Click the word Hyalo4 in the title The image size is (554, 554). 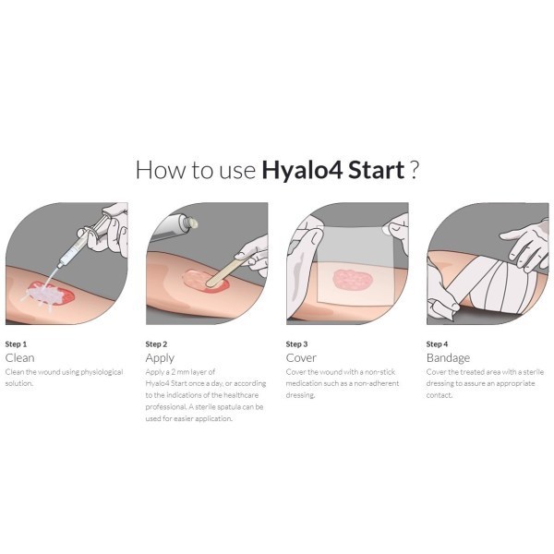[x=302, y=171]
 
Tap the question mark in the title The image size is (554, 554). [x=415, y=170]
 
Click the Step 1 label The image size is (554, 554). [x=16, y=344]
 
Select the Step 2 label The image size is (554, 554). [x=156, y=344]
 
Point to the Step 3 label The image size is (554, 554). [x=296, y=344]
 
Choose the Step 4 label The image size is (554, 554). [x=437, y=344]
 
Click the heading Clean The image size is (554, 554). [x=19, y=358]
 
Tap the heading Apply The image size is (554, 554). [x=160, y=358]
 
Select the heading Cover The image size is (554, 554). [x=301, y=358]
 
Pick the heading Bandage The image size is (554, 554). [x=448, y=358]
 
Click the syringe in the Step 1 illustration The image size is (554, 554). [x=80, y=243]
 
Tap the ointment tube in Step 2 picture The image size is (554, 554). [x=174, y=228]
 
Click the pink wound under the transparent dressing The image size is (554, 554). [x=353, y=280]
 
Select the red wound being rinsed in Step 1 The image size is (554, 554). [x=52, y=293]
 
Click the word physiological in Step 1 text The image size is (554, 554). [x=102, y=372]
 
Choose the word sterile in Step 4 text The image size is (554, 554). [x=534, y=372]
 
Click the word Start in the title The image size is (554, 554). [x=377, y=170]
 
